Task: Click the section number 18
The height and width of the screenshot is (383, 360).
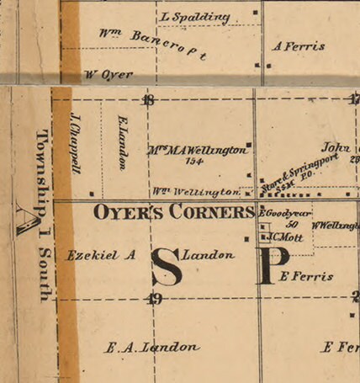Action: coord(149,100)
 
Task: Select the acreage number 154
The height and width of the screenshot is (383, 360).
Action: coord(195,162)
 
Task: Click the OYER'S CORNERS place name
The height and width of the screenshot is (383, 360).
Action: coord(173,212)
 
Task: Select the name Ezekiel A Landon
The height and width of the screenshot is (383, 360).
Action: coord(150,254)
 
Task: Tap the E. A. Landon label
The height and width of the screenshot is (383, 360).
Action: coord(151,347)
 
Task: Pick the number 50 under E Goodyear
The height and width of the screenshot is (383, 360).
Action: coord(293,225)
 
